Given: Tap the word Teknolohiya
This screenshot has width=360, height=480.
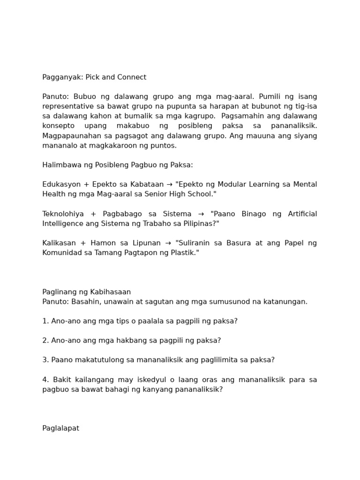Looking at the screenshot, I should [63, 214].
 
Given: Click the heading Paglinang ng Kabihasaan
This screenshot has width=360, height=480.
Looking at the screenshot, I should [86, 292].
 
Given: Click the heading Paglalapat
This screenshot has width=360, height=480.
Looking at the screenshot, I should [60, 428].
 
